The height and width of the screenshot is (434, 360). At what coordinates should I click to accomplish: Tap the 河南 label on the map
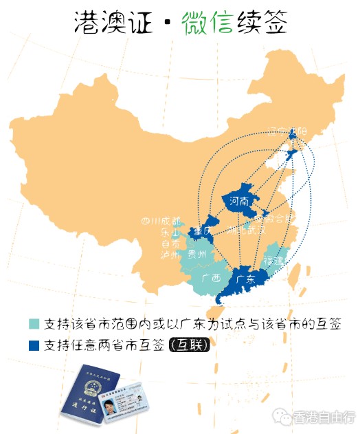point(236,202)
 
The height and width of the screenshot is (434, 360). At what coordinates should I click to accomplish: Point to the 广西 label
point(212,279)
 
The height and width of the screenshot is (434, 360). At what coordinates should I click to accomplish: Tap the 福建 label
point(276,261)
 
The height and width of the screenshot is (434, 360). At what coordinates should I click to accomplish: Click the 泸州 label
point(170,254)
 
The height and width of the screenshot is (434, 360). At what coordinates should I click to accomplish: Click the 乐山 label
point(170,232)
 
